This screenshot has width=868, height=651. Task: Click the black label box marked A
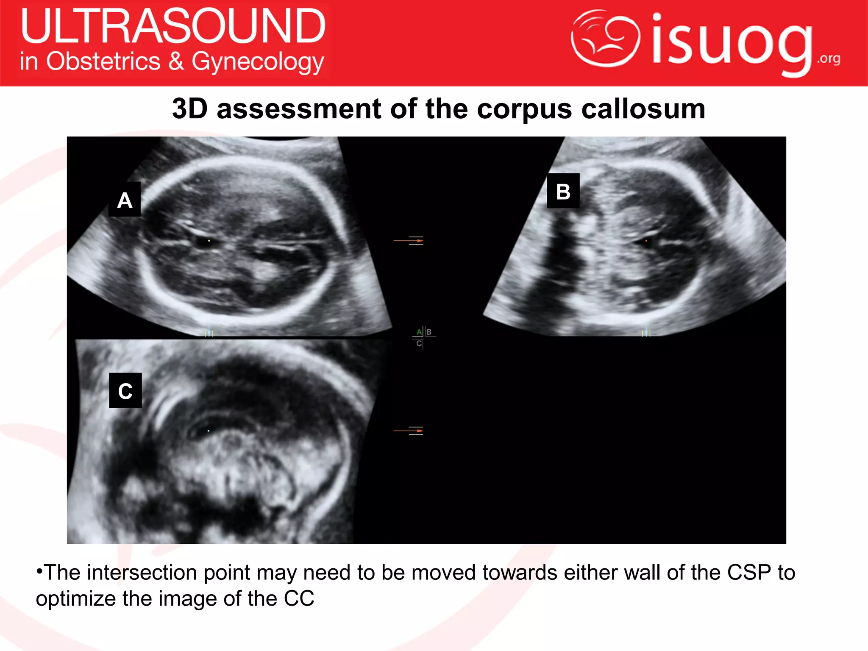125,200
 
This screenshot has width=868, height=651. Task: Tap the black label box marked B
563,191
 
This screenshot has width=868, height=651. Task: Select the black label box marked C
125,390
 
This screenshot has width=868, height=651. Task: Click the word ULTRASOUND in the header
173,26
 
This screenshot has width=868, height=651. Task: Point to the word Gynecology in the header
258,62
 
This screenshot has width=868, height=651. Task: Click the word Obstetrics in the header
103,61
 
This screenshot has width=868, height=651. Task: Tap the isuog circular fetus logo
605,38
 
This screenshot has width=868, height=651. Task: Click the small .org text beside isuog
829,58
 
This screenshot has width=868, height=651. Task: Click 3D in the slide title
189,109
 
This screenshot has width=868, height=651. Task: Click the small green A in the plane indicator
419,332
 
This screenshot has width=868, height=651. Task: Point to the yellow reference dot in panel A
209,241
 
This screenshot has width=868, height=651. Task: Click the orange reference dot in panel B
646,241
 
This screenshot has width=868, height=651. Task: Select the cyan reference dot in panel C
209,431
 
